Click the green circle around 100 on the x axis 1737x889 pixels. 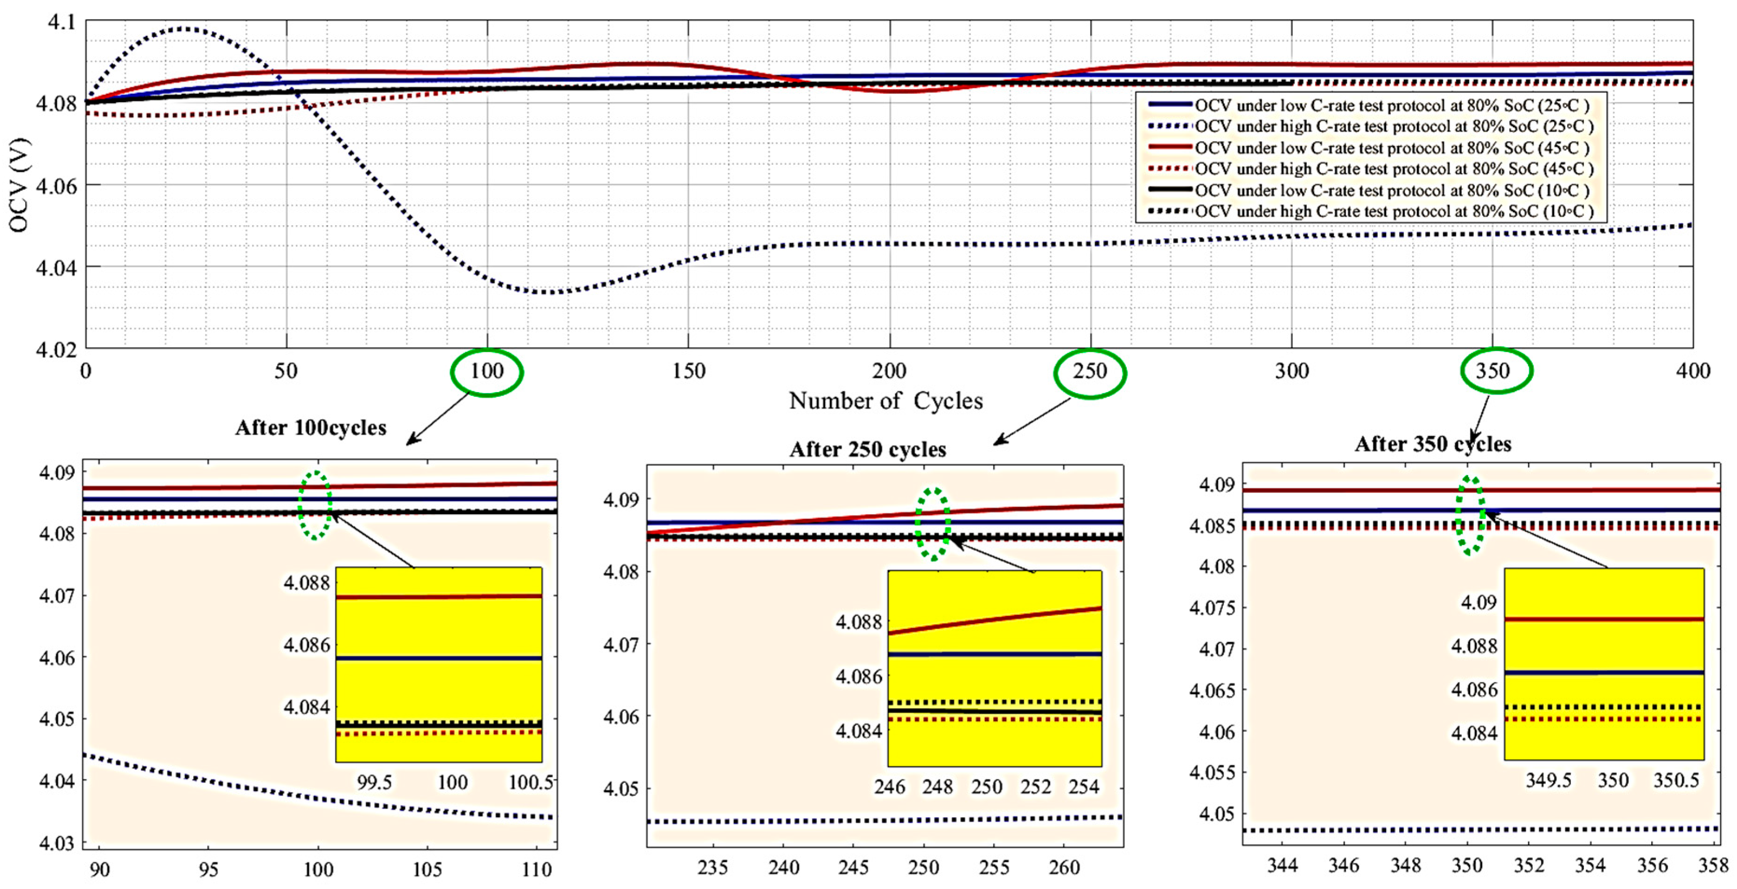(x=487, y=372)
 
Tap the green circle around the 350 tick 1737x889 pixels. (x=1496, y=371)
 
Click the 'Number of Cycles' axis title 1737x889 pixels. (x=886, y=401)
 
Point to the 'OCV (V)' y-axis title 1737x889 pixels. (x=19, y=186)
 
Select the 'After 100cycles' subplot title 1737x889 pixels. (x=310, y=428)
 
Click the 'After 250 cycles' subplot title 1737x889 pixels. (x=868, y=449)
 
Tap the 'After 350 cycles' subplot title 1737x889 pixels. (x=1433, y=444)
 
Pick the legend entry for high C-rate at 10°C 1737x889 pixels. (x=1395, y=211)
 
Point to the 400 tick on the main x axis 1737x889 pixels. (x=1693, y=371)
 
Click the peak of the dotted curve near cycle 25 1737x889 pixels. (x=185, y=28)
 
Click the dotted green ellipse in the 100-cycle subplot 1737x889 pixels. (x=315, y=505)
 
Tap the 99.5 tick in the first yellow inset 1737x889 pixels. (x=374, y=783)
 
